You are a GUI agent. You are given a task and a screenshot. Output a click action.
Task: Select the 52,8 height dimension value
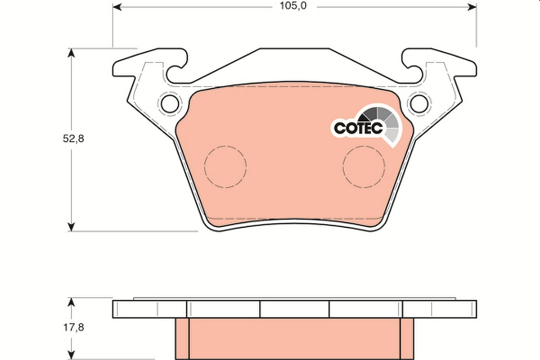[x=73, y=139]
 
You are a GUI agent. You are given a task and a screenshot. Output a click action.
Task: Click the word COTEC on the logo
[x=358, y=127]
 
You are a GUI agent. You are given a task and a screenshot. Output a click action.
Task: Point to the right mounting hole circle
[x=418, y=103]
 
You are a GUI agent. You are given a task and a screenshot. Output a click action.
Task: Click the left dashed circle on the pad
[x=225, y=166]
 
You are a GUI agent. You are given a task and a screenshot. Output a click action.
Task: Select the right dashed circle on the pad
[x=364, y=166]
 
